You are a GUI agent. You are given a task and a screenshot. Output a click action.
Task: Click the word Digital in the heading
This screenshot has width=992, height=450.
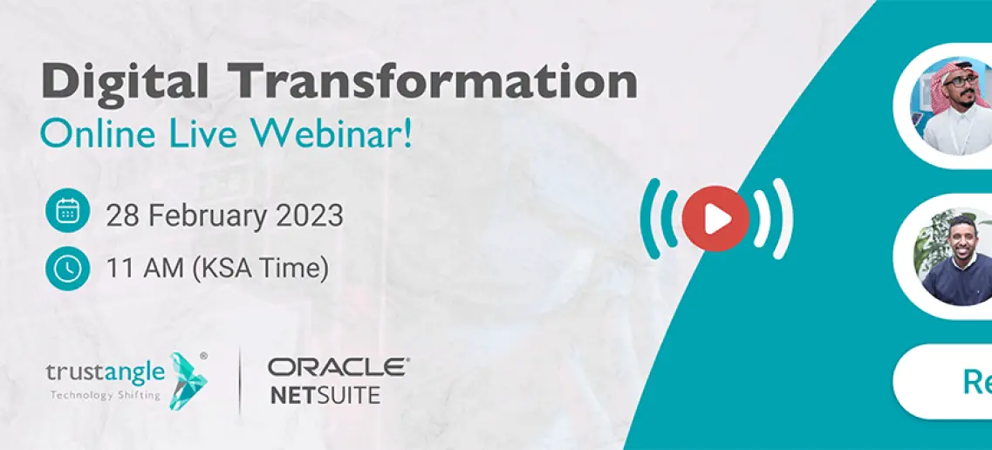pos(125,83)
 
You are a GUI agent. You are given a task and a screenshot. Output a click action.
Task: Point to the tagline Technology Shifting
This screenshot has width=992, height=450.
pos(105,396)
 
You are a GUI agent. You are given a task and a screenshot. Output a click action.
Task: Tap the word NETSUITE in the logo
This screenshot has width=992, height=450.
pos(325,395)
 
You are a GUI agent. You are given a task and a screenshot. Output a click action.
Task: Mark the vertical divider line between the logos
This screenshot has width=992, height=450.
pos(240,380)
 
